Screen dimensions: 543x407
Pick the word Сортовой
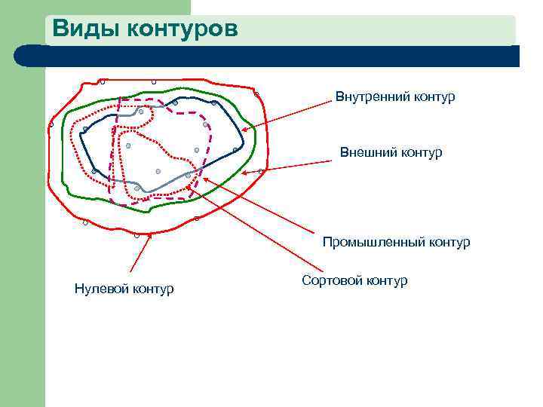click(x=332, y=281)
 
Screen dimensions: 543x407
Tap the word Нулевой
click(x=102, y=289)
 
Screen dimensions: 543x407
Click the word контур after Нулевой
click(x=153, y=289)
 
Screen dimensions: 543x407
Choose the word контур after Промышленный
click(x=449, y=243)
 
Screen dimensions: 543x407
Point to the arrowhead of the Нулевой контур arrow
click(x=151, y=236)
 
